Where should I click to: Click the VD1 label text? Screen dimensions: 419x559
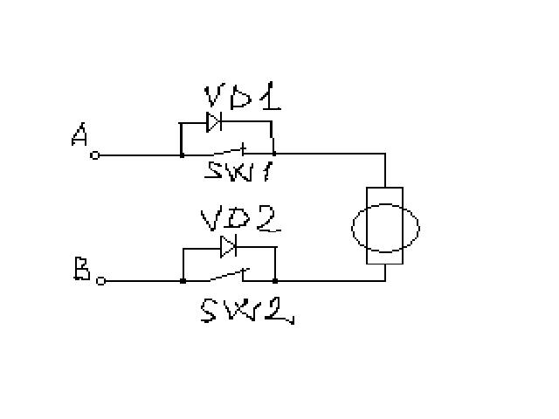pos(242,97)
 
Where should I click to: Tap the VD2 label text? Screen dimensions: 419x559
pos(240,218)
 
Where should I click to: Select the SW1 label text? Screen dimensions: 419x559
pos(241,169)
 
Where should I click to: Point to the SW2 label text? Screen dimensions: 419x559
pos(245,310)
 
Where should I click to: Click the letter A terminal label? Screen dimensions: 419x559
pos(80,136)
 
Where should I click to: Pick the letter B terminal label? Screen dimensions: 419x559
pos(81,270)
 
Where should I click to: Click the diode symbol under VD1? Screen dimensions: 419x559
pos(213,121)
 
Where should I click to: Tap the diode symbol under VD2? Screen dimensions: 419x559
pos(229,247)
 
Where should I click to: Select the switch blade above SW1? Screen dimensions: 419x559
pos(241,149)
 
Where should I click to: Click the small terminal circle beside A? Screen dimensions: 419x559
pos(96,155)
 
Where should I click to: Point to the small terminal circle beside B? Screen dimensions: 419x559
pos(100,281)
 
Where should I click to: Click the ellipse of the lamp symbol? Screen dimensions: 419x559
pos(385,227)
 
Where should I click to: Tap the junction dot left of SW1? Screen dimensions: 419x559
pos(181,155)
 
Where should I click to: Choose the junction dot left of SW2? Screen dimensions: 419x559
pos(183,281)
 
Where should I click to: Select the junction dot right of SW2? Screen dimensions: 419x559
pos(275,281)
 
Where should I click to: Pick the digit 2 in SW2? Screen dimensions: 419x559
pos(279,310)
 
